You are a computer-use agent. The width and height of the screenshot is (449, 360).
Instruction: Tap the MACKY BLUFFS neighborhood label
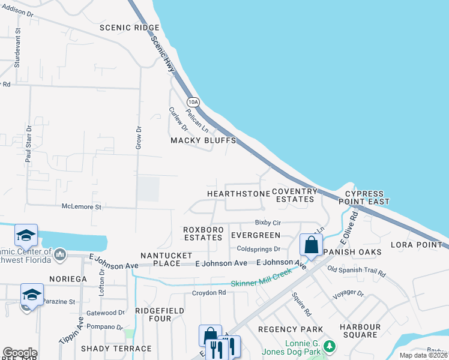[203, 140]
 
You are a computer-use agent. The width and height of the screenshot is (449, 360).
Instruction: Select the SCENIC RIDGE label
[130, 28]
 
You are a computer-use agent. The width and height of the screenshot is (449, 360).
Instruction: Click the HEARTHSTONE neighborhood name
[238, 194]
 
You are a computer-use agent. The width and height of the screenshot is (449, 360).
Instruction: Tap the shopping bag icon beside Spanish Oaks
[311, 245]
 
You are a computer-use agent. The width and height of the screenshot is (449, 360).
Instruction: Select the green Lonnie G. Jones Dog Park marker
[328, 346]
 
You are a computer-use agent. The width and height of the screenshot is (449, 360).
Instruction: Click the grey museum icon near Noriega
[59, 256]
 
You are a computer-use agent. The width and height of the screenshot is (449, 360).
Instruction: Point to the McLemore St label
[83, 206]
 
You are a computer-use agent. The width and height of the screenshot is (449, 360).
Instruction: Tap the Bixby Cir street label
[268, 222]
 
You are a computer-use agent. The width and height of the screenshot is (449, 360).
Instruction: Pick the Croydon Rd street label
[208, 293]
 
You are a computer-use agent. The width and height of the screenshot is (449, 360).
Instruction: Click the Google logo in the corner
[20, 353]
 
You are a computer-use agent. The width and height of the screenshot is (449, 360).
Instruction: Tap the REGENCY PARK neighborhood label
[291, 329]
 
